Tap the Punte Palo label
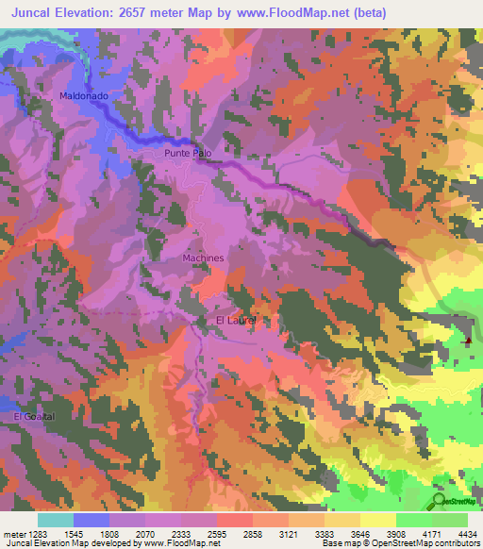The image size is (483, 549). pos(191,152)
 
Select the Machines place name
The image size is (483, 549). pos(203,258)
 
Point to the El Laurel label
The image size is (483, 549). pos(237,322)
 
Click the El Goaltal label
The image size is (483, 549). pos(35,416)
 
